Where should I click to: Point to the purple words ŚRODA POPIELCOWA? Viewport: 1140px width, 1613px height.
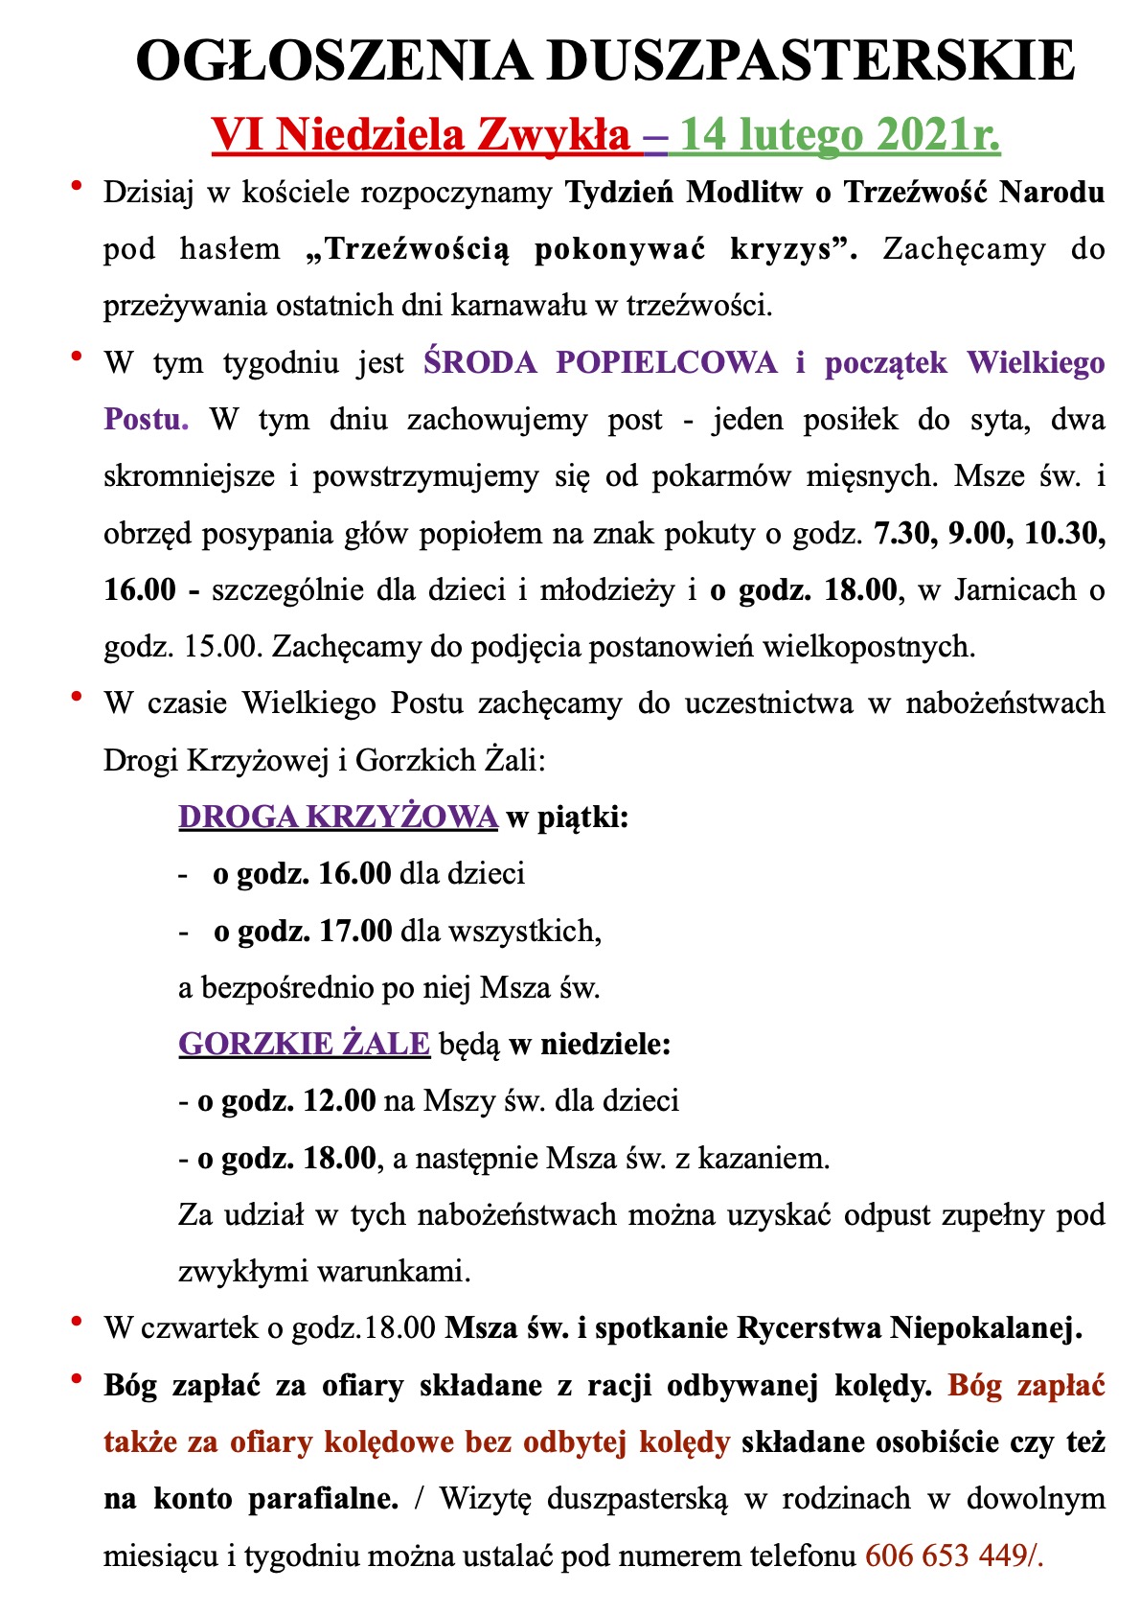click(x=601, y=363)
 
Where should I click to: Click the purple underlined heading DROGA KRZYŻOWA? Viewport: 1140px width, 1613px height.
click(x=338, y=817)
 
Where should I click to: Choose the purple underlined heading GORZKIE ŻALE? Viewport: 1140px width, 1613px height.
click(x=304, y=1044)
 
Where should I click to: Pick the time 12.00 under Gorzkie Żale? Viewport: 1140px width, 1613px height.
click(x=339, y=1100)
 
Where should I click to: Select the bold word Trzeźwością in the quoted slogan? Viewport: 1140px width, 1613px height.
click(x=418, y=249)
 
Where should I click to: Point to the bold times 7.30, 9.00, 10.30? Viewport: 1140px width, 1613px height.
click(x=990, y=533)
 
